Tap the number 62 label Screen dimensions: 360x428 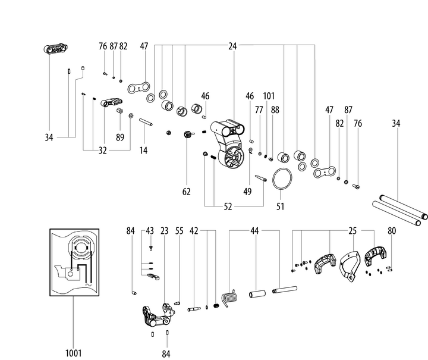(187, 192)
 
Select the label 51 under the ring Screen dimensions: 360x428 (280, 206)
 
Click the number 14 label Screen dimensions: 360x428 (143, 151)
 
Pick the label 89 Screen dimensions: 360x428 (120, 137)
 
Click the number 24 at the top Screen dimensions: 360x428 (232, 46)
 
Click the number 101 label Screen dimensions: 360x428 (269, 96)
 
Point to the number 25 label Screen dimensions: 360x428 (352, 230)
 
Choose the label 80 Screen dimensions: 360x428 (391, 230)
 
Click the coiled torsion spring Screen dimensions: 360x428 (229, 295)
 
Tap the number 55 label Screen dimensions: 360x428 (179, 230)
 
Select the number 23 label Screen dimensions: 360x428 (165, 230)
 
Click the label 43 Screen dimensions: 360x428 (150, 230)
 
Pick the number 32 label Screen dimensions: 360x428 (102, 151)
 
